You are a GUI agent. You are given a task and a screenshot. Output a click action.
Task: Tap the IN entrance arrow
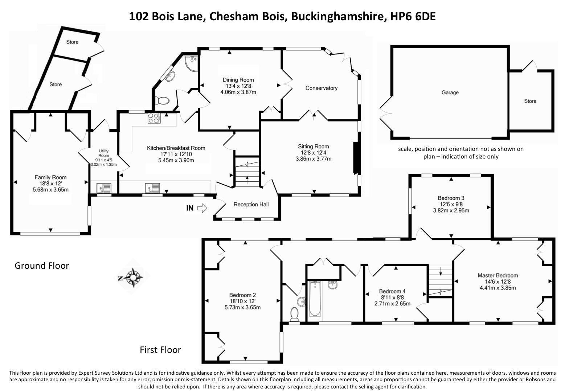tap(202, 208)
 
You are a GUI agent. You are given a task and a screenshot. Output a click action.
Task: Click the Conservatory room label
tap(321, 88)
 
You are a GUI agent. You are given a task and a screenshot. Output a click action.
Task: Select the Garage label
tap(450, 92)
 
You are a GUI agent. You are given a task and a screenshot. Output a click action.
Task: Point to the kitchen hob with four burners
tap(153, 118)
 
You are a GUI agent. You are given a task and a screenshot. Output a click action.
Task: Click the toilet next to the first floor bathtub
tap(294, 314)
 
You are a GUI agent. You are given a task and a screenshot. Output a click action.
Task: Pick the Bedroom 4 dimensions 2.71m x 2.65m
tap(392, 303)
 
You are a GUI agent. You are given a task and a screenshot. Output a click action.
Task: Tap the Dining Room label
tap(238, 80)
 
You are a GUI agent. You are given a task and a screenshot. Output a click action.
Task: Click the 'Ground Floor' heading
tap(42, 266)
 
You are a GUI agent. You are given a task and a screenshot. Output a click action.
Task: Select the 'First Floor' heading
tap(160, 350)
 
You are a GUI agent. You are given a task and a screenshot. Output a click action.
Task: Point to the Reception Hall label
tap(251, 205)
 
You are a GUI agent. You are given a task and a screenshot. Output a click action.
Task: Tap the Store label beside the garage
tap(530, 101)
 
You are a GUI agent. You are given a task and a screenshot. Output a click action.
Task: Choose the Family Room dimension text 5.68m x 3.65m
tap(50, 189)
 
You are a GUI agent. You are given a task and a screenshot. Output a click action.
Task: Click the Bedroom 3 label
tap(451, 198)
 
